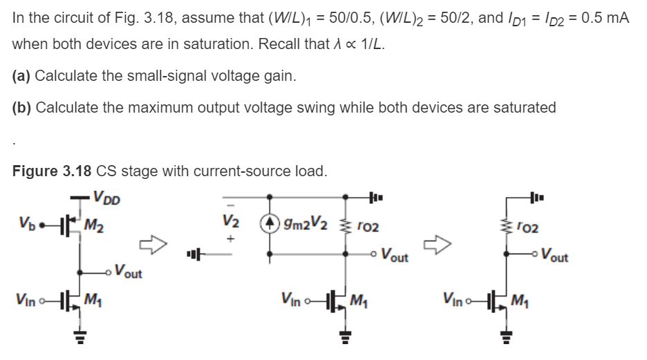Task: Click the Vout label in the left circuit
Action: (129, 272)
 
